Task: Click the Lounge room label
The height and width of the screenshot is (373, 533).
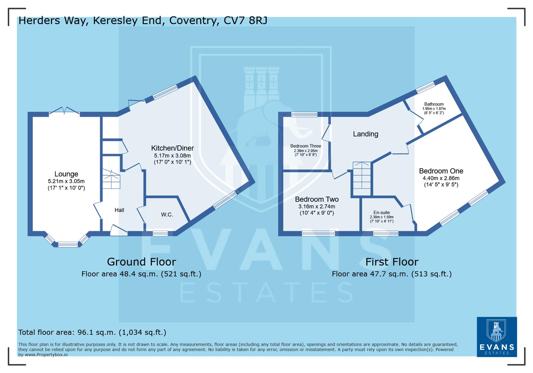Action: click(66, 174)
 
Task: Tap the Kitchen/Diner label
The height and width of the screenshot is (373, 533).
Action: click(172, 148)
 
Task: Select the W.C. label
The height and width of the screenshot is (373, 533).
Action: click(167, 215)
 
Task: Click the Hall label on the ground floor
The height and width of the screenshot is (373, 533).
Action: click(119, 210)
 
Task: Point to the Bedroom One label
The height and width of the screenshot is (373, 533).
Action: click(441, 171)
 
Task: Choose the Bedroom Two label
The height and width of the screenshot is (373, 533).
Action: click(317, 199)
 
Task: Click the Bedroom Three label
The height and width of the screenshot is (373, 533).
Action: click(306, 146)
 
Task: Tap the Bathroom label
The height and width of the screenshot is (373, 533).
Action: click(434, 104)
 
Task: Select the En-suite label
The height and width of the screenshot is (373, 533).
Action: click(381, 213)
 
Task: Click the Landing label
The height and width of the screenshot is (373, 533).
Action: click(366, 134)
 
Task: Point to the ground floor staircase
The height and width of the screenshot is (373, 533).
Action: click(111, 179)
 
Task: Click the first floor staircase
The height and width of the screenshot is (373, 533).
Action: click(362, 179)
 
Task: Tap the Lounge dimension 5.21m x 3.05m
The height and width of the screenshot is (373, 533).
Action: click(66, 181)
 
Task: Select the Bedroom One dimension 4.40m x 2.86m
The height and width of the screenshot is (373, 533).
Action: click(441, 178)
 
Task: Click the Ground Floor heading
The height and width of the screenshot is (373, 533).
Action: click(142, 262)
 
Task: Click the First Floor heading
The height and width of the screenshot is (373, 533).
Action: click(392, 262)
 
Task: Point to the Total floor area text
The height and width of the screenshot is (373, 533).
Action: click(92, 332)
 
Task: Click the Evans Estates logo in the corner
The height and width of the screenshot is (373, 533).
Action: click(497, 337)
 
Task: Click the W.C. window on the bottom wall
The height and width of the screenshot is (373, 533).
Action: click(160, 234)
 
